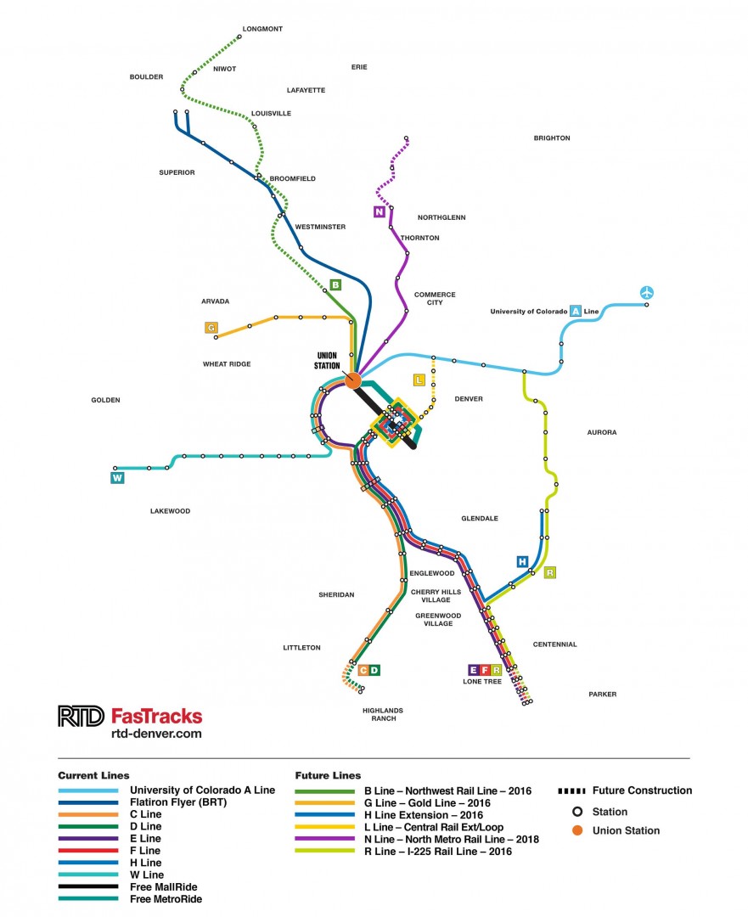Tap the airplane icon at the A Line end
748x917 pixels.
pyautogui.click(x=648, y=293)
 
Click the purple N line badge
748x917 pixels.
pyautogui.click(x=380, y=211)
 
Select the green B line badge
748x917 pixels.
pyautogui.click(x=335, y=284)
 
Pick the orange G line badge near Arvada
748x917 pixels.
pyautogui.click(x=211, y=327)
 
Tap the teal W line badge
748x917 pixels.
pyautogui.click(x=117, y=478)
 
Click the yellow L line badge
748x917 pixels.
pyautogui.click(x=419, y=380)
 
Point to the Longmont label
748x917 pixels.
pyautogui.click(x=262, y=29)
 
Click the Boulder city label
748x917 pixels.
pyautogui.click(x=146, y=76)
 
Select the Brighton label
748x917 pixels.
pyautogui.click(x=552, y=138)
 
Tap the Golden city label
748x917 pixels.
pyautogui.click(x=106, y=400)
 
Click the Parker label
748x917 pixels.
pyautogui.click(x=602, y=695)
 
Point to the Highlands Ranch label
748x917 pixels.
pyautogui.click(x=382, y=714)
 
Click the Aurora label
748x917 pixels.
pyautogui.click(x=602, y=432)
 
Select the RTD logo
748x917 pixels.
pyautogui.click(x=81, y=716)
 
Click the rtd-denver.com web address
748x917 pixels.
pyautogui.click(x=156, y=734)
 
